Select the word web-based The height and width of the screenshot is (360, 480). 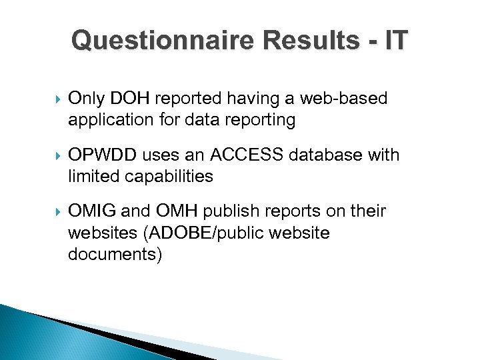(344, 99)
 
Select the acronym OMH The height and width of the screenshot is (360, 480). (179, 211)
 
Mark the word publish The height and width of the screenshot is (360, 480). (234, 211)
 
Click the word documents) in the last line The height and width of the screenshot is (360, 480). (115, 254)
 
